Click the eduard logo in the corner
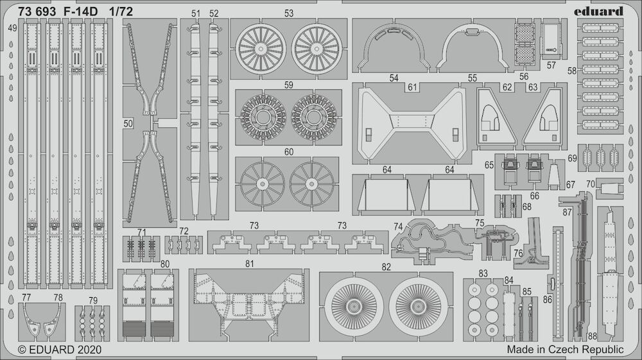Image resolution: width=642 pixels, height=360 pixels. point(598,11)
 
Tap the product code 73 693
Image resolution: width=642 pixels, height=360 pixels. point(37,12)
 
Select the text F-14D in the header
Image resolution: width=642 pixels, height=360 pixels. point(81,12)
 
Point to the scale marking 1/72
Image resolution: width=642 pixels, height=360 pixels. point(121,12)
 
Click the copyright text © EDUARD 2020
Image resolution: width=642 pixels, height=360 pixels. point(60,350)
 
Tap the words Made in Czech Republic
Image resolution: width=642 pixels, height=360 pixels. point(565,350)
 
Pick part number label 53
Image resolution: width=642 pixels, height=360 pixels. point(289,13)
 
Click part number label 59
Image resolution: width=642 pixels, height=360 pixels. point(289,85)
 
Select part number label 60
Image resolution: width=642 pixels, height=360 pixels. point(289,152)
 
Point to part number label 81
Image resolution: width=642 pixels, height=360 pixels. point(250,264)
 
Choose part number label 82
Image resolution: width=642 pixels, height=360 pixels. point(386,267)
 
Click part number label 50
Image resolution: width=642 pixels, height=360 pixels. point(128,123)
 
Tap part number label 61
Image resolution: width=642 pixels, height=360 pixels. point(412,87)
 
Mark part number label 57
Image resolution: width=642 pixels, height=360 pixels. point(551,65)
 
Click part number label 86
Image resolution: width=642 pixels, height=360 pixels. point(548,300)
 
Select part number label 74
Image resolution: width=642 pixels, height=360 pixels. point(398,227)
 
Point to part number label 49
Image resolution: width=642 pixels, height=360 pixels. point(12,28)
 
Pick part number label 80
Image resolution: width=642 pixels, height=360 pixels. point(164,264)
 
